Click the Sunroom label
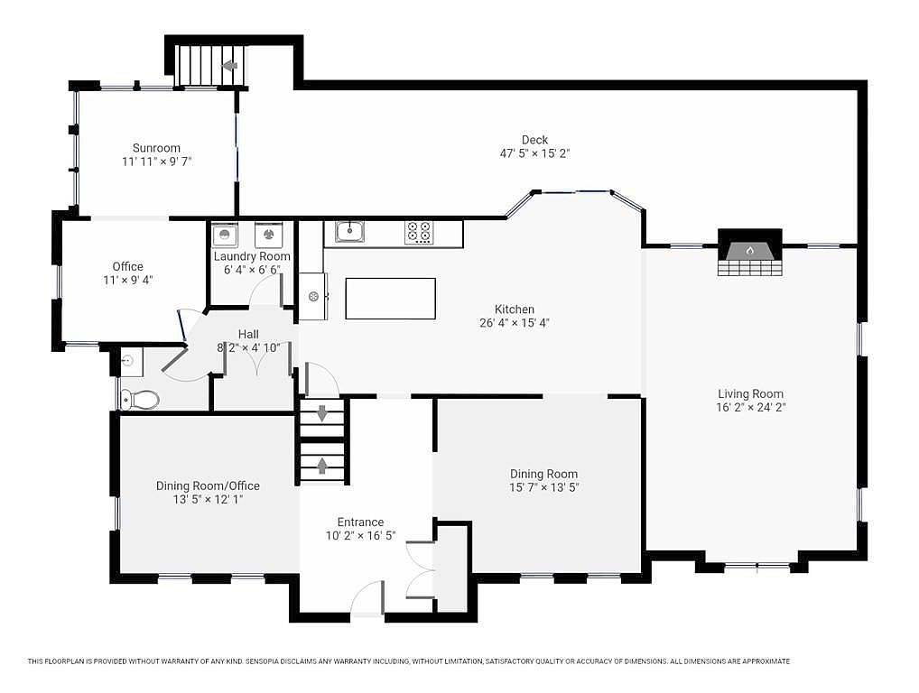156,148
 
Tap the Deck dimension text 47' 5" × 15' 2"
534,153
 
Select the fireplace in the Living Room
749,253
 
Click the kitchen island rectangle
390,299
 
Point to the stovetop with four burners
419,233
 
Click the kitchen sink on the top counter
350,231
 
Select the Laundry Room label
252,256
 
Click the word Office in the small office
128,266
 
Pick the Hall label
248,335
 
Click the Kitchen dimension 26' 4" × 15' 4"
514,323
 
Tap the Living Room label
751,394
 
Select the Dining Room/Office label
208,485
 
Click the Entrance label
360,522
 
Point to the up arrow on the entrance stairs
322,465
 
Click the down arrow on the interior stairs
322,413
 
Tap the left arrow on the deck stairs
229,65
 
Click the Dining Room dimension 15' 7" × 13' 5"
543,487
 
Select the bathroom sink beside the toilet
130,362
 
